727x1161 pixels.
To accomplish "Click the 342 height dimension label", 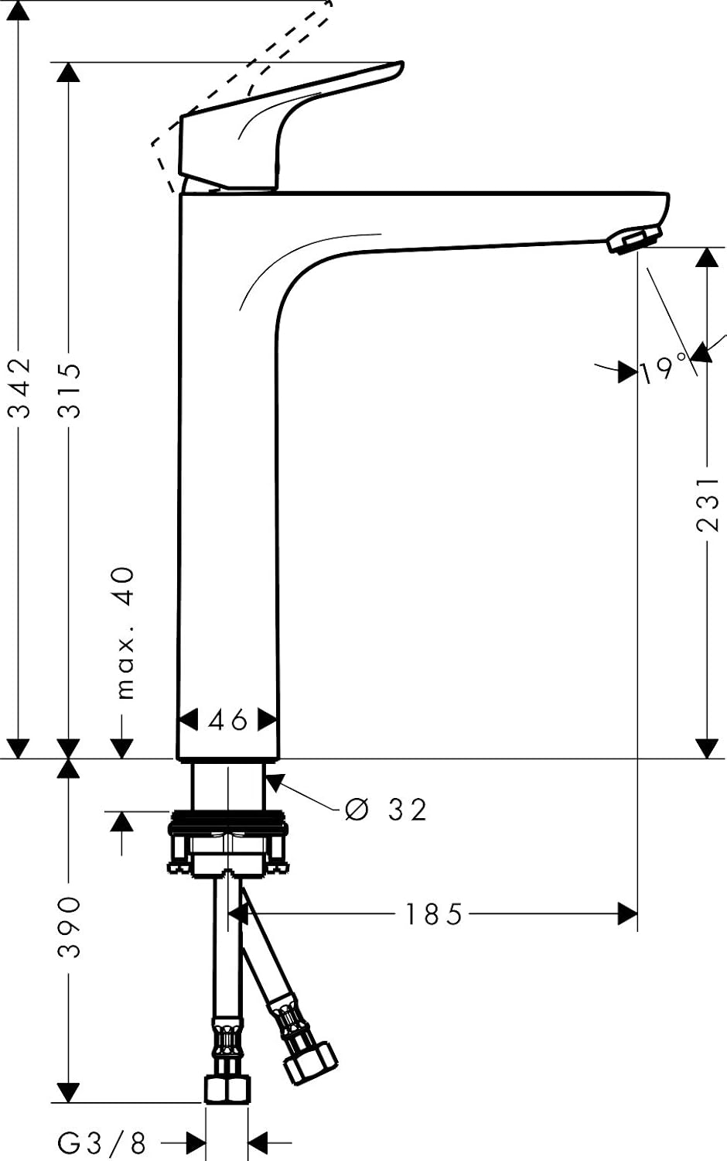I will (22, 387).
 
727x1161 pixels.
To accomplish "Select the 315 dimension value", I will (71, 390).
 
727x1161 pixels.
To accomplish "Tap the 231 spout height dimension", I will (707, 504).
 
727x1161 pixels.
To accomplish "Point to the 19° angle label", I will (664, 369).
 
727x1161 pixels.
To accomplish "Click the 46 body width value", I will (228, 720).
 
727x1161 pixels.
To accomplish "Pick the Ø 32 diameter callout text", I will (385, 810).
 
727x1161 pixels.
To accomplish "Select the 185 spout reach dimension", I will (433, 915).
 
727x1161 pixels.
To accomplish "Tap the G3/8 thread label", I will (101, 1142).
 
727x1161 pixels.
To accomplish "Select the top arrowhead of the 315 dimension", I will (70, 73).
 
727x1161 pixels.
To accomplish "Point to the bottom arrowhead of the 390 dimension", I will (70, 1091).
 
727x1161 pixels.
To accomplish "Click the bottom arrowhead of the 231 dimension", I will (706, 748).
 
